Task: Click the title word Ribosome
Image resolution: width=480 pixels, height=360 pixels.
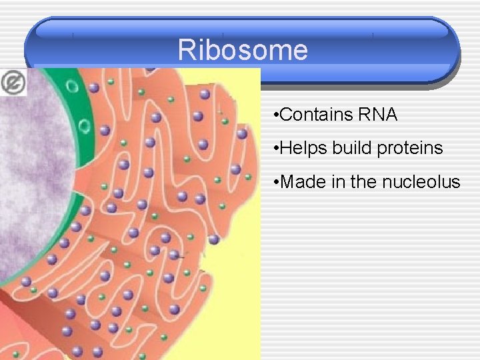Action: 243,50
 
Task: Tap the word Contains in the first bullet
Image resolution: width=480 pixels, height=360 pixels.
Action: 317,115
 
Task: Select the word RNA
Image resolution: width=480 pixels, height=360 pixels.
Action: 378,115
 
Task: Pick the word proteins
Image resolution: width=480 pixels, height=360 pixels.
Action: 410,149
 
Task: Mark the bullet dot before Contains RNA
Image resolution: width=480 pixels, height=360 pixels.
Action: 276,115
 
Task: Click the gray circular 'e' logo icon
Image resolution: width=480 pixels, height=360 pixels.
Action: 13,83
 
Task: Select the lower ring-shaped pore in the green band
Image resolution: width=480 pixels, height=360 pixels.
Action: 85,125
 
